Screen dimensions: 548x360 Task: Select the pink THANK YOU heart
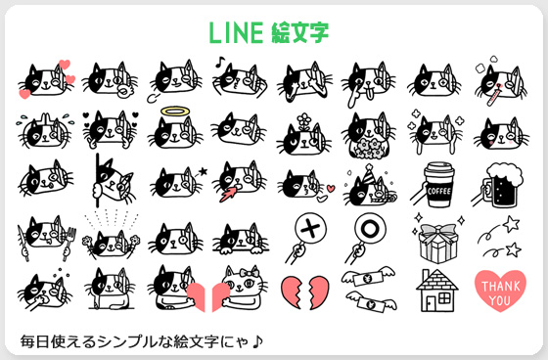(x=500, y=292)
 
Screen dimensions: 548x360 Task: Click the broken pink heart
(x=304, y=292)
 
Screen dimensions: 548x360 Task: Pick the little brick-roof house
(x=436, y=291)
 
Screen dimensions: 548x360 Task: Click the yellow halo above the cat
(x=175, y=112)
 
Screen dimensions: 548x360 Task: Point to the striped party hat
(x=369, y=174)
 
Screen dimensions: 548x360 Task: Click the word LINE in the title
(x=236, y=32)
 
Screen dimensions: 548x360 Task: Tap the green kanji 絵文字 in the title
(x=299, y=32)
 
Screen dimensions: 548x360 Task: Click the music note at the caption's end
(x=257, y=341)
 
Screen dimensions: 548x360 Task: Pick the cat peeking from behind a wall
(x=114, y=182)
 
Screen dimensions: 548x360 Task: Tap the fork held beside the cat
(x=69, y=243)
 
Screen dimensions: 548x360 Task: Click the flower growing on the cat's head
(x=304, y=121)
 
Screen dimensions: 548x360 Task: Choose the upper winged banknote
(x=368, y=277)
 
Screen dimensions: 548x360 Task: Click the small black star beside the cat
(x=203, y=171)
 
